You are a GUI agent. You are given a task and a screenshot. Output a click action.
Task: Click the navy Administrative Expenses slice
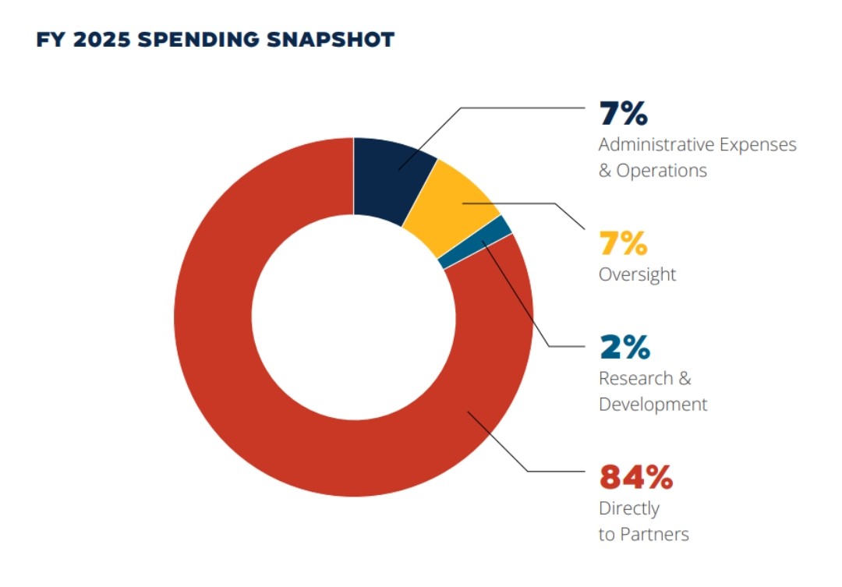(x=390, y=175)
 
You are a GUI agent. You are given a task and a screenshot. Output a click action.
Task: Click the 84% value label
(x=624, y=476)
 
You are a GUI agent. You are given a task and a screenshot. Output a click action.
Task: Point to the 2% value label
(x=624, y=348)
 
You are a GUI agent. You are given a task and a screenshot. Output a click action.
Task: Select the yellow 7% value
(x=623, y=244)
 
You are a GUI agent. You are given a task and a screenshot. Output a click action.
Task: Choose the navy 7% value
(x=623, y=114)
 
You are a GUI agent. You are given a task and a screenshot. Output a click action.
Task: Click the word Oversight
(x=637, y=275)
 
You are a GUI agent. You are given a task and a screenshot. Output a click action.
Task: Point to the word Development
(x=653, y=405)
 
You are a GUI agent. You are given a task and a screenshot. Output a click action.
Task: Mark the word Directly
(x=628, y=509)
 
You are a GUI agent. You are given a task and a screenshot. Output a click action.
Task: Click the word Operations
(x=662, y=171)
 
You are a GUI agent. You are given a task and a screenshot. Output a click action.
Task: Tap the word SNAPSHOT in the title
(x=344, y=40)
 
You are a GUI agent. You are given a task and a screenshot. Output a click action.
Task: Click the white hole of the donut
(x=353, y=316)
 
